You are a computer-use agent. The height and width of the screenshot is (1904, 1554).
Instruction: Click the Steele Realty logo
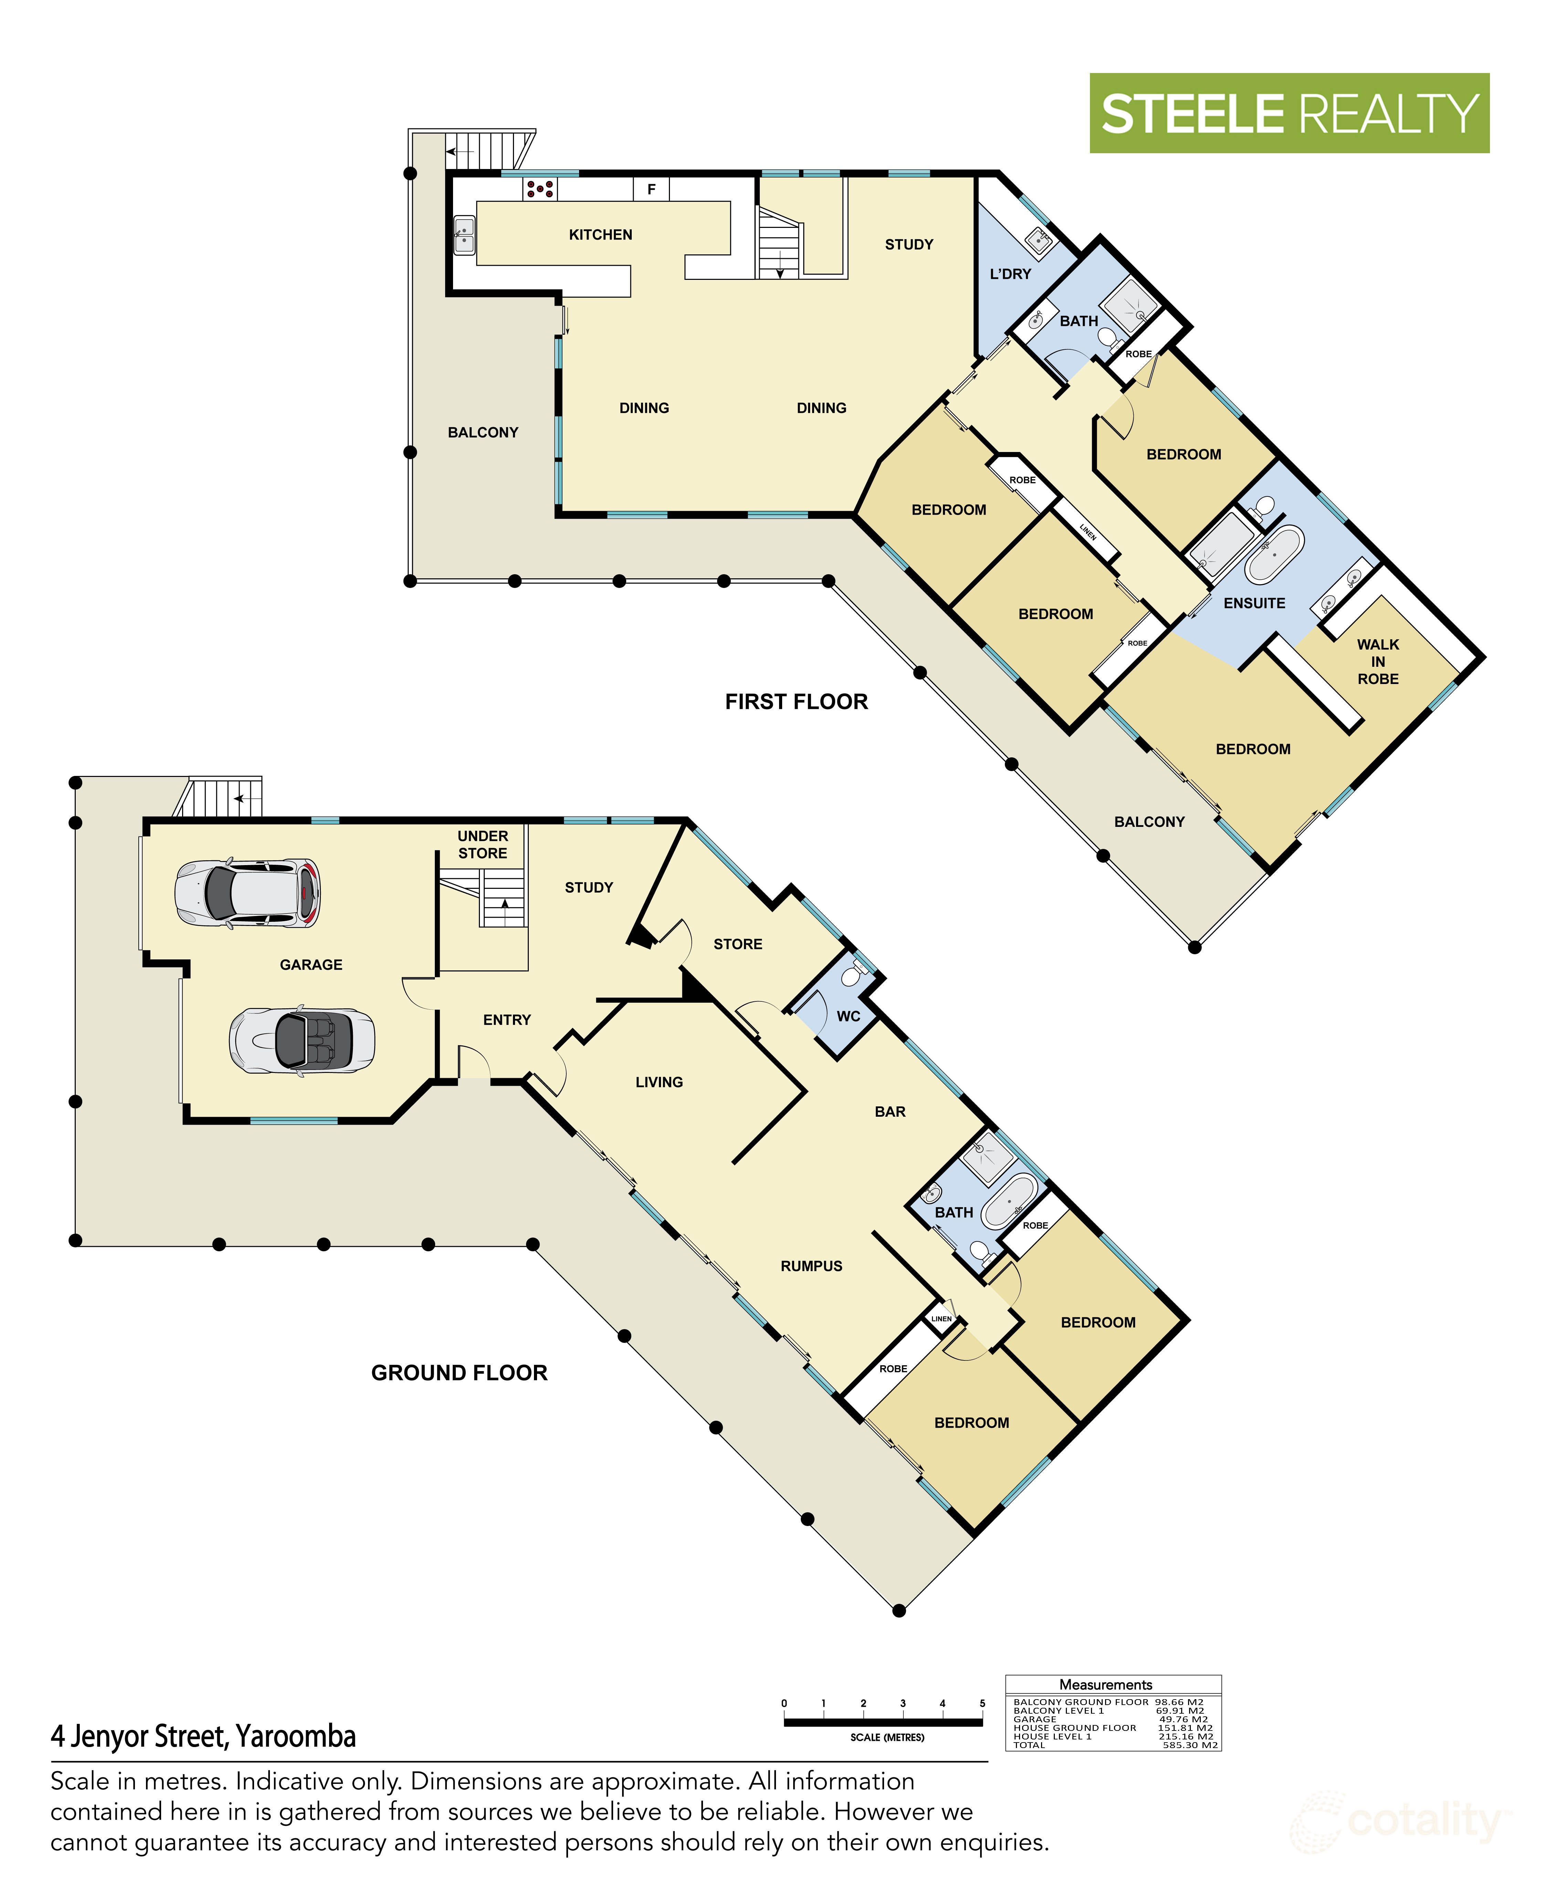click(x=1289, y=113)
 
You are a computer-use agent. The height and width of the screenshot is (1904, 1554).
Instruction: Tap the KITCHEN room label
click(x=601, y=234)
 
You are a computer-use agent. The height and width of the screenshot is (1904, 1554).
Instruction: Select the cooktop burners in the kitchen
click(x=540, y=188)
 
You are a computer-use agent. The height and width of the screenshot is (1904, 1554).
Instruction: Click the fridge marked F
click(x=652, y=189)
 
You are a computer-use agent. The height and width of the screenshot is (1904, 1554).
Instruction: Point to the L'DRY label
click(x=1011, y=274)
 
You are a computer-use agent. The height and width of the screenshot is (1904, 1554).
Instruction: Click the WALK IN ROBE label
click(x=1378, y=662)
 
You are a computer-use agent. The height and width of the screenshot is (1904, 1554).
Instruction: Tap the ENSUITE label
click(x=1254, y=603)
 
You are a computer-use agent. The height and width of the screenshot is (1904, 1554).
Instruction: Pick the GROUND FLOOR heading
click(x=459, y=1373)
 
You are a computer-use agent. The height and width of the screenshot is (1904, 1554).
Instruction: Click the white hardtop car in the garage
click(x=247, y=893)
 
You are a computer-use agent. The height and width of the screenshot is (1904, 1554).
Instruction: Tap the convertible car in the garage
click(x=302, y=1040)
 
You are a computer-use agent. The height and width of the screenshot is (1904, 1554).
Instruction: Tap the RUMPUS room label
click(x=811, y=1266)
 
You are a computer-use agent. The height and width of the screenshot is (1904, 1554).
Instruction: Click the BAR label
click(x=890, y=1112)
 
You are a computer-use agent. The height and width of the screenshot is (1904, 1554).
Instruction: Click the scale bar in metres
click(x=883, y=1722)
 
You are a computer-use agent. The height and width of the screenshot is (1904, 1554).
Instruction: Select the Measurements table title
click(x=1105, y=1685)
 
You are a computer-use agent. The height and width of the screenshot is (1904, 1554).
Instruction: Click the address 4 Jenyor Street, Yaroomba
click(x=203, y=1737)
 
